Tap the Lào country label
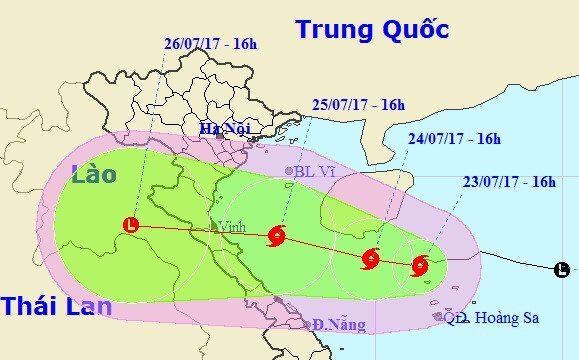(94, 174)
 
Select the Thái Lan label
(56, 306)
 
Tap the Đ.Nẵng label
(339, 324)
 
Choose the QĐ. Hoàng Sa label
(492, 318)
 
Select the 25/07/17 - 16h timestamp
(357, 104)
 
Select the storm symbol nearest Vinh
(277, 237)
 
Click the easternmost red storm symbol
(420, 265)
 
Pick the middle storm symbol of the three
(369, 258)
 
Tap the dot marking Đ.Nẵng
(307, 324)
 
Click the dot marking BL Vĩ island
(290, 171)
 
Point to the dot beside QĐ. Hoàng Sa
(438, 317)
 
